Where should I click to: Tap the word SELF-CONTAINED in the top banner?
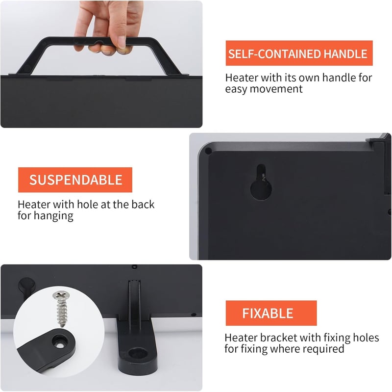coord(274,54)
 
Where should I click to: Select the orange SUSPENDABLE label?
coord(75,180)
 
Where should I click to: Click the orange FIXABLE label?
coord(271,313)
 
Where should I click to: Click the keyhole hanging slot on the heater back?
coord(261,182)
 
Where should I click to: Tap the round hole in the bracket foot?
coord(138,353)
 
